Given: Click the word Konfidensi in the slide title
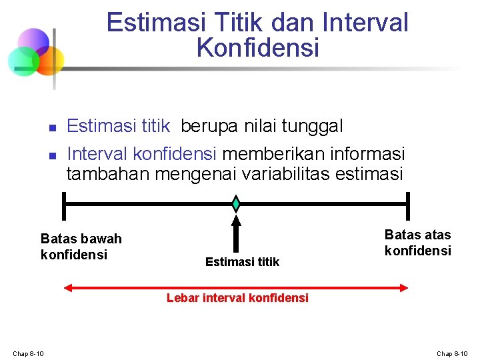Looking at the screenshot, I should (x=258, y=48).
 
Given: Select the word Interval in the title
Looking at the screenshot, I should (x=365, y=23).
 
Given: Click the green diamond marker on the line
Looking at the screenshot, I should (x=235, y=203).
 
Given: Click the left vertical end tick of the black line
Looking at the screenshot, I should (x=63, y=204).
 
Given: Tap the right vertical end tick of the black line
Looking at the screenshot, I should (x=407, y=204).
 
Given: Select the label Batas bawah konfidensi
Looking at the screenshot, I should (x=81, y=247).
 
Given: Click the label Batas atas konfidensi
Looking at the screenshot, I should (x=418, y=243).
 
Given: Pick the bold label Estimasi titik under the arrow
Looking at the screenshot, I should (x=243, y=262).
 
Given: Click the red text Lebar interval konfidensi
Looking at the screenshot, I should (x=237, y=298).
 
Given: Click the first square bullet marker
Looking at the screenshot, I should (x=51, y=127).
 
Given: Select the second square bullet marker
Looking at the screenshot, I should (x=51, y=155).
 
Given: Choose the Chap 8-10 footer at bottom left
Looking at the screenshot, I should (x=28, y=353).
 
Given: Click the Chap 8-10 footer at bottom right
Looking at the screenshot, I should (x=453, y=353).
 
